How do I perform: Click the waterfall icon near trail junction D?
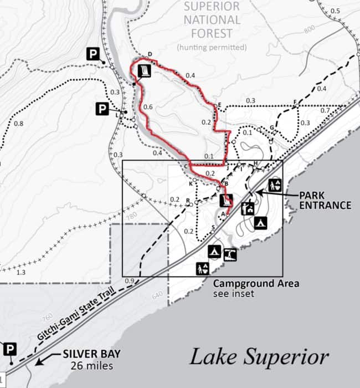pyautogui.click(x=144, y=70)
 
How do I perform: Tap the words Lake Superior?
pyautogui.click(x=259, y=356)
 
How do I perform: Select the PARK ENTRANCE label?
pyautogui.click(x=325, y=200)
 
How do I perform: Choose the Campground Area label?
pyautogui.click(x=256, y=284)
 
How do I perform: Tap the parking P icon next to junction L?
pyautogui.click(x=102, y=109)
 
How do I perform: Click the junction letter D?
pyautogui.click(x=150, y=54)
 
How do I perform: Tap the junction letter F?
pyautogui.click(x=295, y=101)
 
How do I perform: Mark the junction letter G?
pyautogui.click(x=272, y=127)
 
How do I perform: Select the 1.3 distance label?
pyautogui.click(x=22, y=273)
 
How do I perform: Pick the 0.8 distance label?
pyautogui.click(x=18, y=123)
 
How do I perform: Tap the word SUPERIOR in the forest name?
pyautogui.click(x=212, y=7)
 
